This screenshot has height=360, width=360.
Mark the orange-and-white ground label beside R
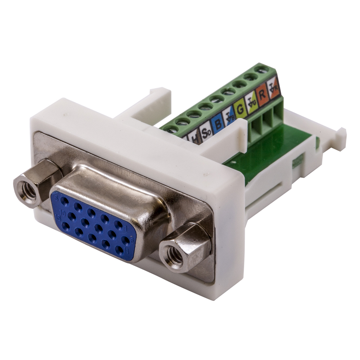273,88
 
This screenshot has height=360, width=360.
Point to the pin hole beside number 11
119,250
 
